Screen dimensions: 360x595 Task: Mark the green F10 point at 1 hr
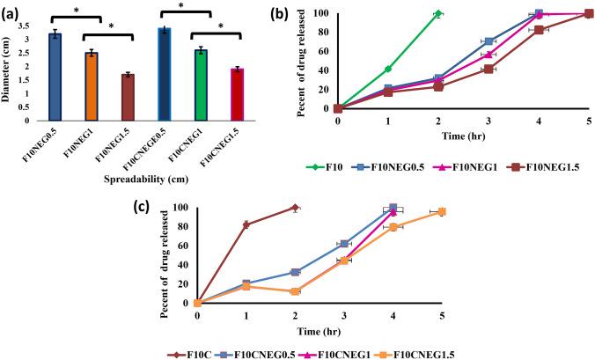[388, 69]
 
